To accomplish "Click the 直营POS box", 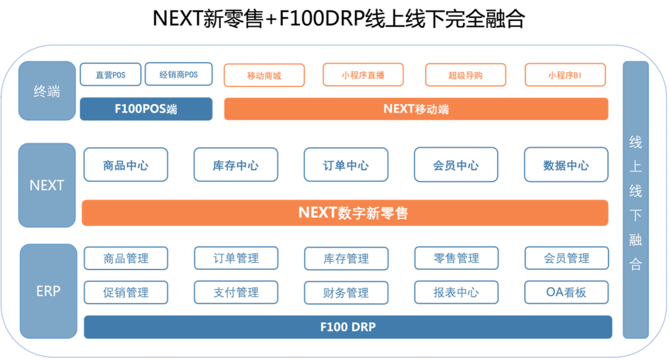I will point(110,74).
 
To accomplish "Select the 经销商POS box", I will point(179,74).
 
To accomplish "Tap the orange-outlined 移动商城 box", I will point(264,75).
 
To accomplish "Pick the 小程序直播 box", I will point(363,75).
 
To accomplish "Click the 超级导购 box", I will point(465,75).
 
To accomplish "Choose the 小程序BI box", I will point(565,75).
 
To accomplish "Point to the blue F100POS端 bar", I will point(146,109).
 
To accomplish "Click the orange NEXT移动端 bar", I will point(416,109).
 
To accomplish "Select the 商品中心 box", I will point(126,165).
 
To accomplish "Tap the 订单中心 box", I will point(346,165).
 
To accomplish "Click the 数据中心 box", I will point(566,165).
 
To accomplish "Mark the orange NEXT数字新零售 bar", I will point(345,213).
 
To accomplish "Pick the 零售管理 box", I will point(457,258).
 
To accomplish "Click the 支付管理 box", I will point(236,292).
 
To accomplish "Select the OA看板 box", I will point(566,292).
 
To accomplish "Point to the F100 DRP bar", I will point(347,327).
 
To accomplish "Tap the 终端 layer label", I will point(47,91).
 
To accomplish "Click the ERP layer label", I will point(48,290).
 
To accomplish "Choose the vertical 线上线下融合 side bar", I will point(635,200).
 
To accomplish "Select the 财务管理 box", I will point(346,292).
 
